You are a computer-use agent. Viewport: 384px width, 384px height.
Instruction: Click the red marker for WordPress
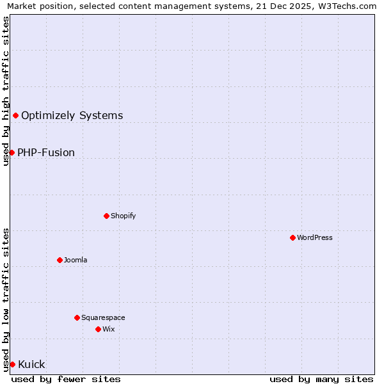click(x=292, y=237)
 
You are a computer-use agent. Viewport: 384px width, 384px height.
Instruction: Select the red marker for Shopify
click(x=106, y=216)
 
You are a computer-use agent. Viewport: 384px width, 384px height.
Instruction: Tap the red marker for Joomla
click(x=60, y=260)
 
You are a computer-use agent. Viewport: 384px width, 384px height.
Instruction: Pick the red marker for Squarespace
click(x=77, y=317)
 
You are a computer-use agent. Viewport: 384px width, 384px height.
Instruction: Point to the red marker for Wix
click(x=98, y=329)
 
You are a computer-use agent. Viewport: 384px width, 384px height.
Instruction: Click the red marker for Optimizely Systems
click(x=15, y=115)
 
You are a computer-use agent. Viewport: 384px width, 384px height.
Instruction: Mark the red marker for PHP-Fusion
click(x=12, y=152)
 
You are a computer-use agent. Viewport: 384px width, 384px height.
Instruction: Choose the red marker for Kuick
click(x=12, y=364)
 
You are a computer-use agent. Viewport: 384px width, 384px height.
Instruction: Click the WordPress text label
click(x=315, y=237)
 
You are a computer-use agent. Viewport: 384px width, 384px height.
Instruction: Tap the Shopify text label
click(x=123, y=216)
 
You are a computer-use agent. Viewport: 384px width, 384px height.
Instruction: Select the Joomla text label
click(x=76, y=260)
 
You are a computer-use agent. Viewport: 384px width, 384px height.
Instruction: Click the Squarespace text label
click(x=103, y=317)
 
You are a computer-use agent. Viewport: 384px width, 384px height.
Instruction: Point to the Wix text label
click(x=108, y=329)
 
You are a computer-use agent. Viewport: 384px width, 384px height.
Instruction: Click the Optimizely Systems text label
click(x=72, y=115)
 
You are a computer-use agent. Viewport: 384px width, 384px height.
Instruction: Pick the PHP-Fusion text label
click(x=46, y=152)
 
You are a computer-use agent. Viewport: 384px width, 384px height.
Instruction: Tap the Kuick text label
click(x=31, y=364)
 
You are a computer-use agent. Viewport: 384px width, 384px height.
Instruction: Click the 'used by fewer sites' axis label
click(x=66, y=379)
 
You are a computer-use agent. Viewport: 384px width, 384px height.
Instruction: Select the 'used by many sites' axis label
click(x=321, y=379)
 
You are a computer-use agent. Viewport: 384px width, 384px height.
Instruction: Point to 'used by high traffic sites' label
click(x=6, y=91)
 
